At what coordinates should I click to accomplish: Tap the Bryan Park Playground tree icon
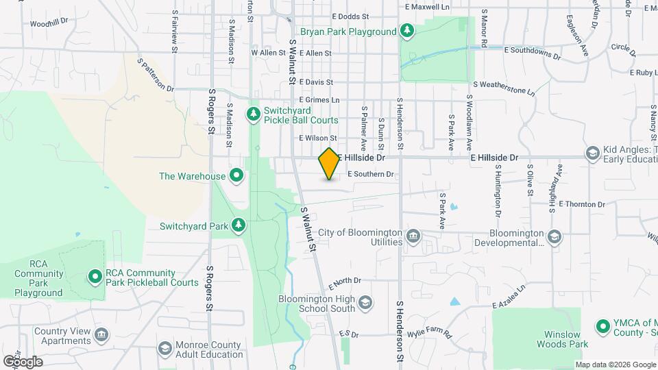click(407, 31)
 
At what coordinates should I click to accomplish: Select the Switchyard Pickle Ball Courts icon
click(254, 112)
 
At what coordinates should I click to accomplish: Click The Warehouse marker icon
click(237, 176)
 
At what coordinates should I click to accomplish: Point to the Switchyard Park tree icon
click(239, 225)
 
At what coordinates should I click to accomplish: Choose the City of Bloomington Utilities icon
click(413, 237)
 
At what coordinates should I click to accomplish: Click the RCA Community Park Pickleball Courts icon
click(95, 277)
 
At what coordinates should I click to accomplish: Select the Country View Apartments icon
click(101, 335)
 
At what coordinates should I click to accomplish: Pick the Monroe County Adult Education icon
click(164, 349)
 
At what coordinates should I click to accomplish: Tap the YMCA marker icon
click(602, 326)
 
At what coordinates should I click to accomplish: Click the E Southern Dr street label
click(371, 174)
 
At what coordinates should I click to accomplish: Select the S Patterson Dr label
click(156, 75)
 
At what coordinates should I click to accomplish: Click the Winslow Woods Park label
click(563, 339)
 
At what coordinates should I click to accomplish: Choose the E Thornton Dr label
click(582, 203)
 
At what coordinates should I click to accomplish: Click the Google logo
click(22, 361)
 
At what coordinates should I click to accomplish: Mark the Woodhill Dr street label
click(49, 22)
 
